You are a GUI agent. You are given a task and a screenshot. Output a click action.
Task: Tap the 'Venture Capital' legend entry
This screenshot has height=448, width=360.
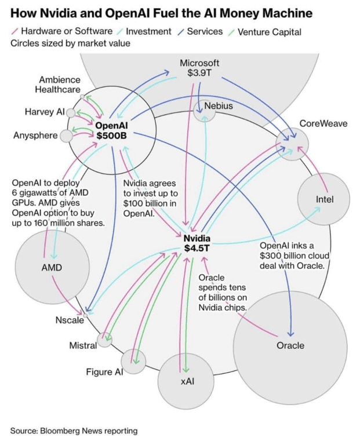point(269,31)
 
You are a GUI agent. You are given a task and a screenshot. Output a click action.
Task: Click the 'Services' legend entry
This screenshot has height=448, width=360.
point(205,31)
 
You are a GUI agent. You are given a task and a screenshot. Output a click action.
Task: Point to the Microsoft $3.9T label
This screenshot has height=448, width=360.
point(199,68)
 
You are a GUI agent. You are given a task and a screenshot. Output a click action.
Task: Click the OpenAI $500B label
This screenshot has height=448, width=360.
point(111,130)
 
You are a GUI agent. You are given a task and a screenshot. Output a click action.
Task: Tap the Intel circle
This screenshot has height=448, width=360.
point(324,200)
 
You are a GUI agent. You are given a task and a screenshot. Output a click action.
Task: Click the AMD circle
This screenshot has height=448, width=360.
point(51,267)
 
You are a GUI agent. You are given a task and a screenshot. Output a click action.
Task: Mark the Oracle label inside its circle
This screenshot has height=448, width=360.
point(290,345)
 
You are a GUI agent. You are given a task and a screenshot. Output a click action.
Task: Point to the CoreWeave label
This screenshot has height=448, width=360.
point(323,123)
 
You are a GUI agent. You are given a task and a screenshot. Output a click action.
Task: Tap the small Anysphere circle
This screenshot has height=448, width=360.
point(66,136)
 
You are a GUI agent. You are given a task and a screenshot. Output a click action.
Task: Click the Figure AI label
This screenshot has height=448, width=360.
point(105,371)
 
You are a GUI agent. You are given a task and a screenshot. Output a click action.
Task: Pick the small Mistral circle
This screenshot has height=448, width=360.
point(105,340)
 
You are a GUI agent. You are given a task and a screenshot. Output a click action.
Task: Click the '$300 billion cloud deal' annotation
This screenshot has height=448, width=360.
point(294,256)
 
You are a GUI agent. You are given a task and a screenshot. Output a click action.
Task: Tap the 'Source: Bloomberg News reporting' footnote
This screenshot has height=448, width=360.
point(74,431)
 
